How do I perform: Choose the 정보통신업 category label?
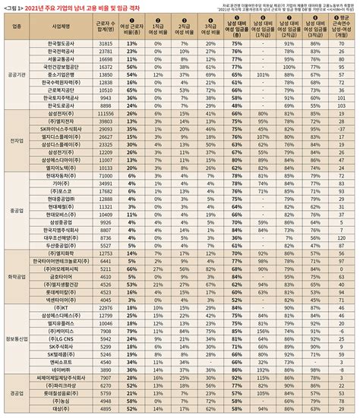14,329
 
